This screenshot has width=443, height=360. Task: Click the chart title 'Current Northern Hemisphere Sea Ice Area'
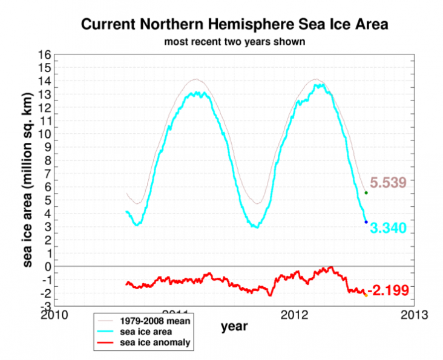click(x=234, y=25)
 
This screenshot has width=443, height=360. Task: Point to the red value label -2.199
click(x=392, y=289)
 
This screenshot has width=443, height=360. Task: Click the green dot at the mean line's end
click(x=366, y=192)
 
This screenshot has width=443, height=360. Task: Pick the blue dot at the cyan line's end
click(x=366, y=222)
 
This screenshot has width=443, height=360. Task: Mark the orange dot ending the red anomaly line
click(x=366, y=295)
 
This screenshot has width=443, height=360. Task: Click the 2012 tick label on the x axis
click(x=295, y=315)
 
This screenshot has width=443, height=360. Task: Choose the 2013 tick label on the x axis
click(x=415, y=315)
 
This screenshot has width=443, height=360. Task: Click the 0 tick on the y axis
click(x=47, y=267)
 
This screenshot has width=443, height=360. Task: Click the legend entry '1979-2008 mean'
click(x=159, y=321)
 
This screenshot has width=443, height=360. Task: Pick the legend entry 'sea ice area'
click(x=149, y=332)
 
